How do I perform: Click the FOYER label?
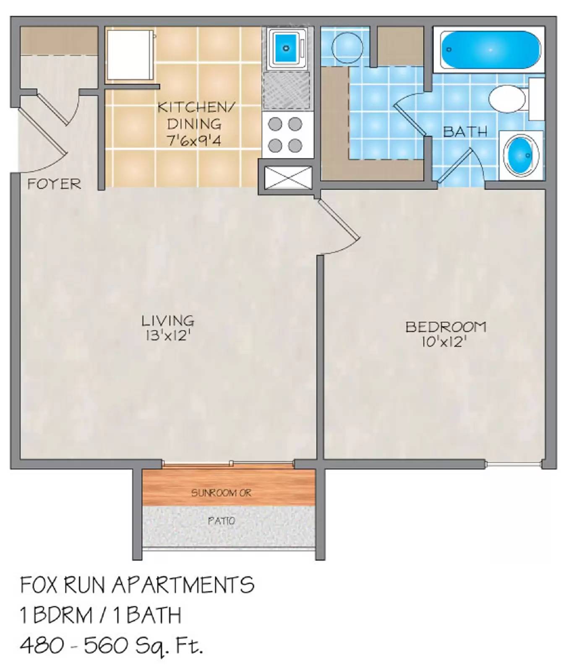[x=54, y=184]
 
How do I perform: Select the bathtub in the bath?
[x=491, y=49]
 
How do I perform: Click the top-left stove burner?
[x=275, y=124]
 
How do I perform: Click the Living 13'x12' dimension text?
[x=168, y=335]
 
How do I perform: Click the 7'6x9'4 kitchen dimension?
[x=194, y=140]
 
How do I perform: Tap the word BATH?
[x=465, y=132]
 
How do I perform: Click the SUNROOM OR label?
[x=221, y=493]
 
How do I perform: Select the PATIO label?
[x=221, y=521]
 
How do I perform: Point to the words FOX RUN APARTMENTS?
[x=137, y=585]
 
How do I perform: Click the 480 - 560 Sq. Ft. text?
[x=112, y=645]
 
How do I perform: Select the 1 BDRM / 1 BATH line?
[x=101, y=615]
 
